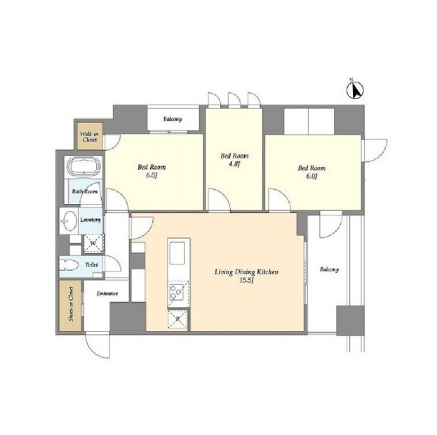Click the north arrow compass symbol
[x=354, y=90]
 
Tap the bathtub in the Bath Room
[x=84, y=166]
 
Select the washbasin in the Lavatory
[x=69, y=221]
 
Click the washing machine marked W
[x=93, y=244]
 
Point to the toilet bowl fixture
[x=69, y=264]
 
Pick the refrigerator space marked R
[x=178, y=319]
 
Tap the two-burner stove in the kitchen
[x=177, y=292]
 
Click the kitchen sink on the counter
[x=177, y=253]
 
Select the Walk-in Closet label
[x=90, y=136]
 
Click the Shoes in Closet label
[x=71, y=304]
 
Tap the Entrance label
[x=107, y=294]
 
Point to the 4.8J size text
[x=234, y=164]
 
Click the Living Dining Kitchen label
[x=246, y=272]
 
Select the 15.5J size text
[x=246, y=280]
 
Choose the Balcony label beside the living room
[x=329, y=269]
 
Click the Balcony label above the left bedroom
[x=172, y=119]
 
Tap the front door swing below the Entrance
[x=98, y=345]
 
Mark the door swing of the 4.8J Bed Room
[x=219, y=200]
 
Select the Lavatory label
[x=90, y=220]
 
